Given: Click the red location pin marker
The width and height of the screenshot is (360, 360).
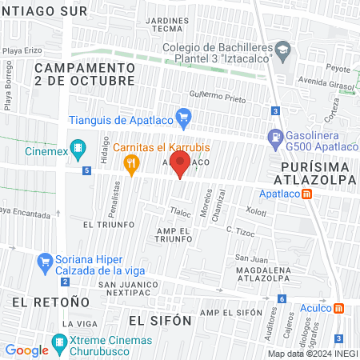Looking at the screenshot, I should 181,166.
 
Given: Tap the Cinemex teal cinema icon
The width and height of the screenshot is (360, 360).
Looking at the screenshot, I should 78,148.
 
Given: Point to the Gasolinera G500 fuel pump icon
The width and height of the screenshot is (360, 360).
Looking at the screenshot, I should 275,137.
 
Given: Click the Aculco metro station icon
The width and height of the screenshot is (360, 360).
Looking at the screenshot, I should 339,308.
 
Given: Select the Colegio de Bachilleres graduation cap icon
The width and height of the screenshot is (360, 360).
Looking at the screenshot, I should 282,51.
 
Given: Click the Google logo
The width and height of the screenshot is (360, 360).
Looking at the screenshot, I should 26,350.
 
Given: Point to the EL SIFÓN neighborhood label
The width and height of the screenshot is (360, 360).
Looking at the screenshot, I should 160,320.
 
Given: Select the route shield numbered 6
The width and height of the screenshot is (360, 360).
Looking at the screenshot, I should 282,299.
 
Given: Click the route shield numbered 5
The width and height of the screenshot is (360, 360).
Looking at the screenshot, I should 86,170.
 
